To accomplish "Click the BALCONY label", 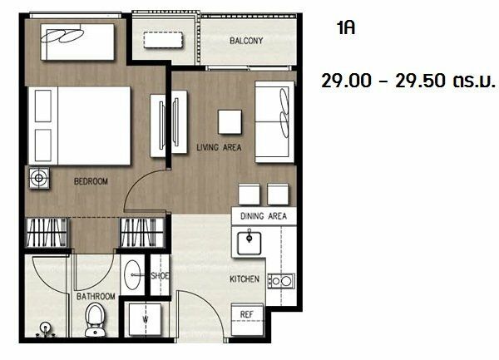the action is point(246,41).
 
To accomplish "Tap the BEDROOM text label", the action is point(91,181).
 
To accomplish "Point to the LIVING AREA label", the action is point(219,147).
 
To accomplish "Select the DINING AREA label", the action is point(264,216).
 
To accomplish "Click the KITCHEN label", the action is point(245,279).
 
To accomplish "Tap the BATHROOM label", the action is point(96,296).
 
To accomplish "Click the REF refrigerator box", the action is point(247,319).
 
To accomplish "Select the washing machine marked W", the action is point(145,319).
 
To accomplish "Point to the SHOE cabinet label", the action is point(160,276).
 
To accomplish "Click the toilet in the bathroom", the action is point(95,319).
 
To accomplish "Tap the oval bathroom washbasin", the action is point(132,274).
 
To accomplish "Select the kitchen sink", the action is point(249,242).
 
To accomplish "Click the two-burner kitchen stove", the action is point(281,281).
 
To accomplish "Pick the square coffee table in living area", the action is point(230,122).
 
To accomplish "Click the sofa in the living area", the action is point(274,122).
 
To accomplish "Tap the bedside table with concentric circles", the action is point(39,178).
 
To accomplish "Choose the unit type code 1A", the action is point(346,28).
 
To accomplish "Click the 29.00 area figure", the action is point(346,81).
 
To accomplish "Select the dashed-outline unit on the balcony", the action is point(163,40).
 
